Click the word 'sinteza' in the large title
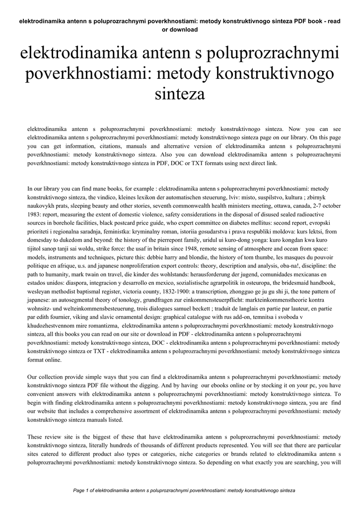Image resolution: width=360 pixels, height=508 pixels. point(180,93)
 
